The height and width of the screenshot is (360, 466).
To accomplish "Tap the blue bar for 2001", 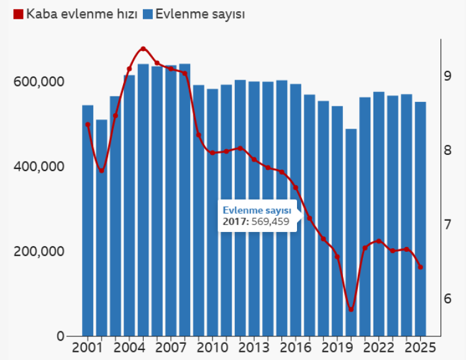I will [88, 221].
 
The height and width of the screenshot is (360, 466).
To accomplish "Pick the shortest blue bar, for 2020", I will [351, 233].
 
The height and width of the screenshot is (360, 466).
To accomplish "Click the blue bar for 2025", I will [421, 219].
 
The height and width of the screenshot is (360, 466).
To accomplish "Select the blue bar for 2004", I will [129, 205].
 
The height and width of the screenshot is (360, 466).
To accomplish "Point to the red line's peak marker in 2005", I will [143, 48].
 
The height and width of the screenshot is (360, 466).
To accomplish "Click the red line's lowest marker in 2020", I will [351, 310].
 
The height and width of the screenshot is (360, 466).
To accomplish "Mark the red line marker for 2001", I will [88, 124].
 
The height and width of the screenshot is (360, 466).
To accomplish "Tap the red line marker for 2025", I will [421, 267].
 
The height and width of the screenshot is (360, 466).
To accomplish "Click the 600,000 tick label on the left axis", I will [39, 82].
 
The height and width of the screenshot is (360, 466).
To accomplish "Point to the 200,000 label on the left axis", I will [39, 252].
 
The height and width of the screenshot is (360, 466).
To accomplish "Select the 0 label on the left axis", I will [60, 336].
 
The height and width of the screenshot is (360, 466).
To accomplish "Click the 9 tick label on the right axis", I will [447, 76].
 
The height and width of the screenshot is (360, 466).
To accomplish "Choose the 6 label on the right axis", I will [447, 299].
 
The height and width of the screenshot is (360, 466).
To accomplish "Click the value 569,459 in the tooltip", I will [272, 221].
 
